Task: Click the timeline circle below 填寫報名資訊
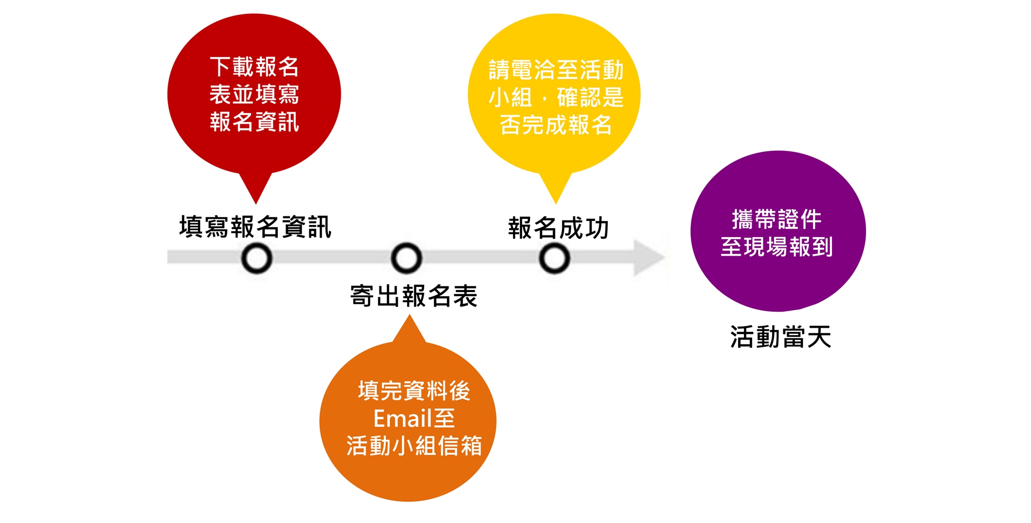point(257,258)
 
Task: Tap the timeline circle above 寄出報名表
point(406,258)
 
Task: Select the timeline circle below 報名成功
point(554,258)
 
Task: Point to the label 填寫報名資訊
point(255,227)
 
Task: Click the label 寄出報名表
point(414,296)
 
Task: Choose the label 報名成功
point(558,228)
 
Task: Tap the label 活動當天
point(780,338)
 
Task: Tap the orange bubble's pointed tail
point(409,328)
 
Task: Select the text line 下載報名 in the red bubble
point(254,67)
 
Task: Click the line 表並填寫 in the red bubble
point(254,95)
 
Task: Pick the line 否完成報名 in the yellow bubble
point(556,125)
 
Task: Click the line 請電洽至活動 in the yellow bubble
point(556,70)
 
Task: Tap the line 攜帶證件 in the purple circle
point(777,220)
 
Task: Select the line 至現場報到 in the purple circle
point(777,247)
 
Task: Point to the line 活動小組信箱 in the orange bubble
point(414,446)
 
